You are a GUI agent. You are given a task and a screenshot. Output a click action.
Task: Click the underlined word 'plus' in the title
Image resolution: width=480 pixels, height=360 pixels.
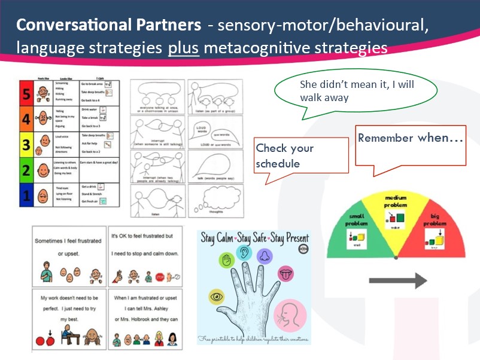(184, 47)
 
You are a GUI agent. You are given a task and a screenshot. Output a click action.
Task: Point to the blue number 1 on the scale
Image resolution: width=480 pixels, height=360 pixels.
(26, 195)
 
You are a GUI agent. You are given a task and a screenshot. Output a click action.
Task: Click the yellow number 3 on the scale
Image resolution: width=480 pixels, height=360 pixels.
(26, 144)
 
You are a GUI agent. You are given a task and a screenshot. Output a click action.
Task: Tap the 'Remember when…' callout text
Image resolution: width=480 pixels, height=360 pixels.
(410, 139)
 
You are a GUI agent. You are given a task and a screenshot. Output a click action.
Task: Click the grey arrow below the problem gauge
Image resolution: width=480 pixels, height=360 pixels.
(397, 280)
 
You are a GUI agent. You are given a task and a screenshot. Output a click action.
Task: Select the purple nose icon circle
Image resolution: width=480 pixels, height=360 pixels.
(264, 255)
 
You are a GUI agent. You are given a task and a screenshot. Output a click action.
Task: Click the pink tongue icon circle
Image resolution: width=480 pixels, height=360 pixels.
(286, 275)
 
